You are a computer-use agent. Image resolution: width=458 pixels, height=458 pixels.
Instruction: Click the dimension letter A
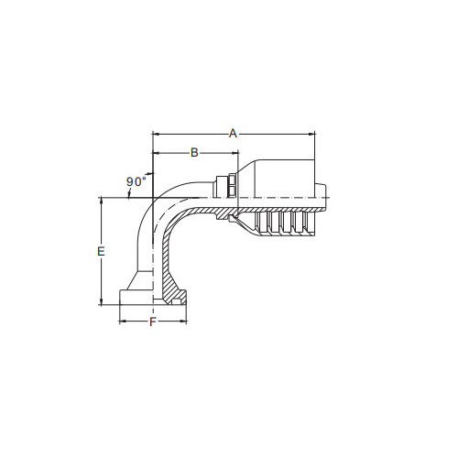pyautogui.click(x=233, y=134)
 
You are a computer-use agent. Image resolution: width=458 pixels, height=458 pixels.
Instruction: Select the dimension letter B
pyautogui.click(x=194, y=152)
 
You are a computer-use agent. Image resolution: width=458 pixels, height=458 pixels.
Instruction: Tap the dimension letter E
pyautogui.click(x=101, y=251)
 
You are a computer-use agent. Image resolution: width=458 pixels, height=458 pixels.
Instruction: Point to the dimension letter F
pyautogui.click(x=153, y=322)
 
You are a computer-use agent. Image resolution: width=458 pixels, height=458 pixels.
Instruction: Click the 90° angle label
pyautogui.click(x=136, y=181)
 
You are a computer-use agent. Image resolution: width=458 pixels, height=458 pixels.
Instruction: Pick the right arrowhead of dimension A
pyautogui.click(x=311, y=134)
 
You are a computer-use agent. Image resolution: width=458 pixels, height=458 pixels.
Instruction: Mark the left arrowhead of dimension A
pyautogui.click(x=156, y=134)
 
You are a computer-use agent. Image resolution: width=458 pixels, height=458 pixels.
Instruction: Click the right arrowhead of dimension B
pyautogui.click(x=234, y=152)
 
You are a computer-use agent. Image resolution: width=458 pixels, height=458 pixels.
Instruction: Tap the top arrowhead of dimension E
pyautogui.click(x=101, y=201)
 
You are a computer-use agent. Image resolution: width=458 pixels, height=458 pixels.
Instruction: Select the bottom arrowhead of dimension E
pyautogui.click(x=101, y=301)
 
